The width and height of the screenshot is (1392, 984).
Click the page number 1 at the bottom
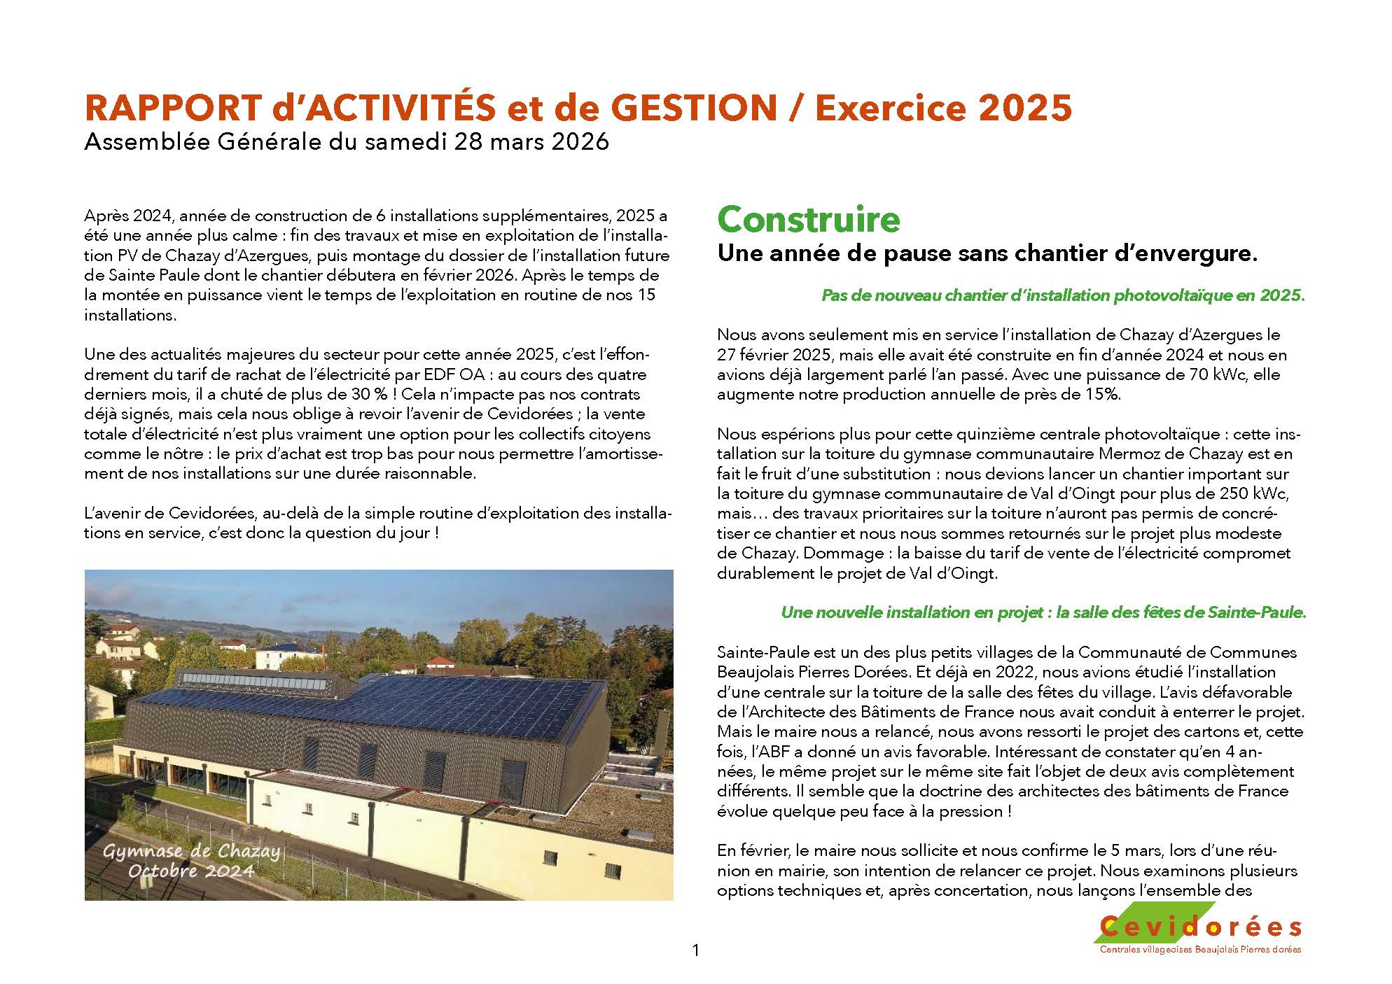tap(695, 950)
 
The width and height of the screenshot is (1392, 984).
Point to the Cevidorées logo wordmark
tap(1200, 927)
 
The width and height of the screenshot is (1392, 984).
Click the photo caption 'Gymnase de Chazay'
tap(191, 852)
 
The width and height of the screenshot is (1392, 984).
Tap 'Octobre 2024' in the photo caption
tap(190, 871)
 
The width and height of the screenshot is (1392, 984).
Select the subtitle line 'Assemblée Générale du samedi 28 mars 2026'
tap(347, 142)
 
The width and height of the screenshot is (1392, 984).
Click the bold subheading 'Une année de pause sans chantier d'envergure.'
tap(987, 254)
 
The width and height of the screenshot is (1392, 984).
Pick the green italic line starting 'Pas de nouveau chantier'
tap(1063, 295)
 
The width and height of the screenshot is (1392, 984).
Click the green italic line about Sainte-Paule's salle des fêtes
tap(1043, 613)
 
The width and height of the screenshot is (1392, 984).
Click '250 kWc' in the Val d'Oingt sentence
tap(1253, 493)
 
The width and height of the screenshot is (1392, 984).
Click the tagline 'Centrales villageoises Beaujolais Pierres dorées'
tap(1200, 950)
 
